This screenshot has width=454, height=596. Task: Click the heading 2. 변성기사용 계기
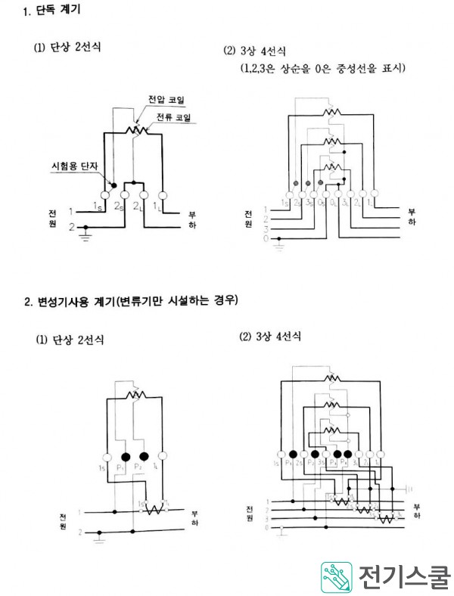(130, 301)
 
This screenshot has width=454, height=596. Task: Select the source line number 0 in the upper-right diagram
(264, 237)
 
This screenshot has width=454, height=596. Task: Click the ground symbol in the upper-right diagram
(281, 243)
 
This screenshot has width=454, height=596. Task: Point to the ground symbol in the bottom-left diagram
(99, 539)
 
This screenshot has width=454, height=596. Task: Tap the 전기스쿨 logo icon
(335, 578)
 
